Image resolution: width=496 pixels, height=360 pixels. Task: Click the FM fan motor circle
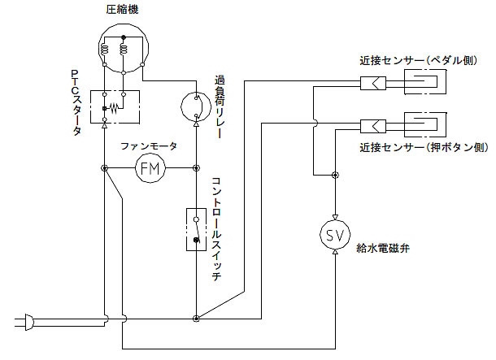click(x=150, y=168)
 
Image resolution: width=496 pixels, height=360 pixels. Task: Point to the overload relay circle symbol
click(x=196, y=104)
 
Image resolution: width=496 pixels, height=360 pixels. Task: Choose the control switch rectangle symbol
click(x=196, y=230)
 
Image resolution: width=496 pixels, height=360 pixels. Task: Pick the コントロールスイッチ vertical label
click(x=217, y=227)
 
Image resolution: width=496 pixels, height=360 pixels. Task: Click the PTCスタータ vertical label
click(x=76, y=102)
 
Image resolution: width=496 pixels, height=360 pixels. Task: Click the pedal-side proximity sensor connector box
click(x=374, y=82)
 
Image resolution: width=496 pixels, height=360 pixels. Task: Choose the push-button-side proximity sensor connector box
click(x=374, y=125)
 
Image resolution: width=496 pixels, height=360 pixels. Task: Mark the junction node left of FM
click(x=105, y=168)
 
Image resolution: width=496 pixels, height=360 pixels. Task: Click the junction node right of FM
click(x=196, y=168)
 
